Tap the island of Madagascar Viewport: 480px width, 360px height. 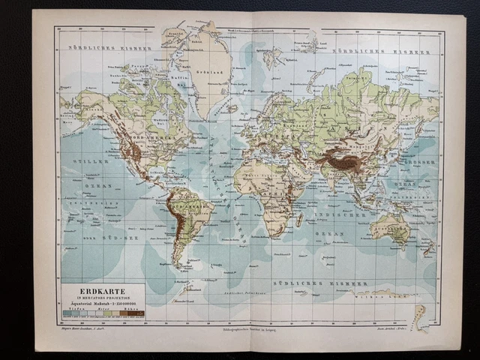pyautogui.click(x=300, y=220)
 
